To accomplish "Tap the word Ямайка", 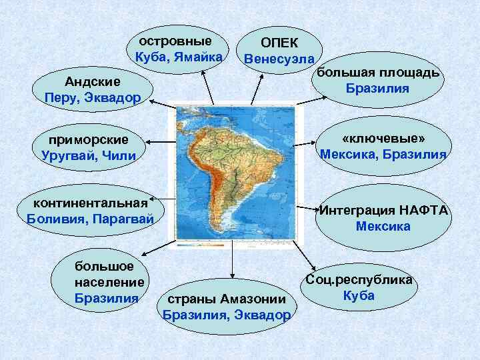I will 199,57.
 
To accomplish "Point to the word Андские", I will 92,82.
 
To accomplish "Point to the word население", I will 110,281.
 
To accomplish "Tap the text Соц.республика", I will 359,280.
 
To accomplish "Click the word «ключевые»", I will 383,138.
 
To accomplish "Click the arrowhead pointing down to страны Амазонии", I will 232,274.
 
